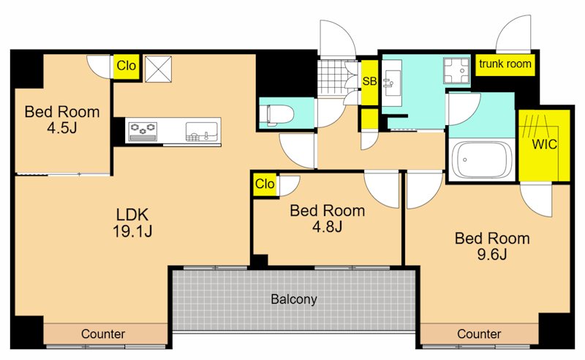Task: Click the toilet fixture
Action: [280, 113]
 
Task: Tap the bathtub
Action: [482, 160]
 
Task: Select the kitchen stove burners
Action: [143, 131]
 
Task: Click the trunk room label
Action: [505, 64]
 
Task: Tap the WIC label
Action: [544, 144]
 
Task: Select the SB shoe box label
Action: [369, 81]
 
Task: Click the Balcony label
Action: [294, 299]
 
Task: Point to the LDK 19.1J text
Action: [132, 223]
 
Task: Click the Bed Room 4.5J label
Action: [62, 119]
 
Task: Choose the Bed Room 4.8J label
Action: [327, 219]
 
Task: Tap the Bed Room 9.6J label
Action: [492, 246]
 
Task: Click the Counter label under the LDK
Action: [103, 334]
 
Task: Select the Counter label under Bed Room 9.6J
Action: [479, 334]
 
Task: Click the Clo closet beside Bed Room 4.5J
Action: [126, 67]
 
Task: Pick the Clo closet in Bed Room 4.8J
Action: [265, 184]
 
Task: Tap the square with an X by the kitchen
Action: [158, 69]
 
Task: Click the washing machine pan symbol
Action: [456, 70]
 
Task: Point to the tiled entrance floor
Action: [333, 78]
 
